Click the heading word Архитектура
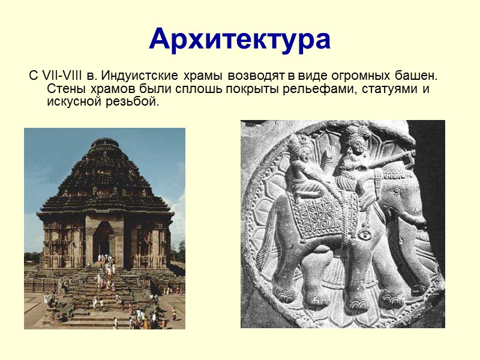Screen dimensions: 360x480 click(x=240, y=39)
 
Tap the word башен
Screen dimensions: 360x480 click(x=416, y=76)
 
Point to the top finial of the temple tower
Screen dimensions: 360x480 click(x=105, y=142)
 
